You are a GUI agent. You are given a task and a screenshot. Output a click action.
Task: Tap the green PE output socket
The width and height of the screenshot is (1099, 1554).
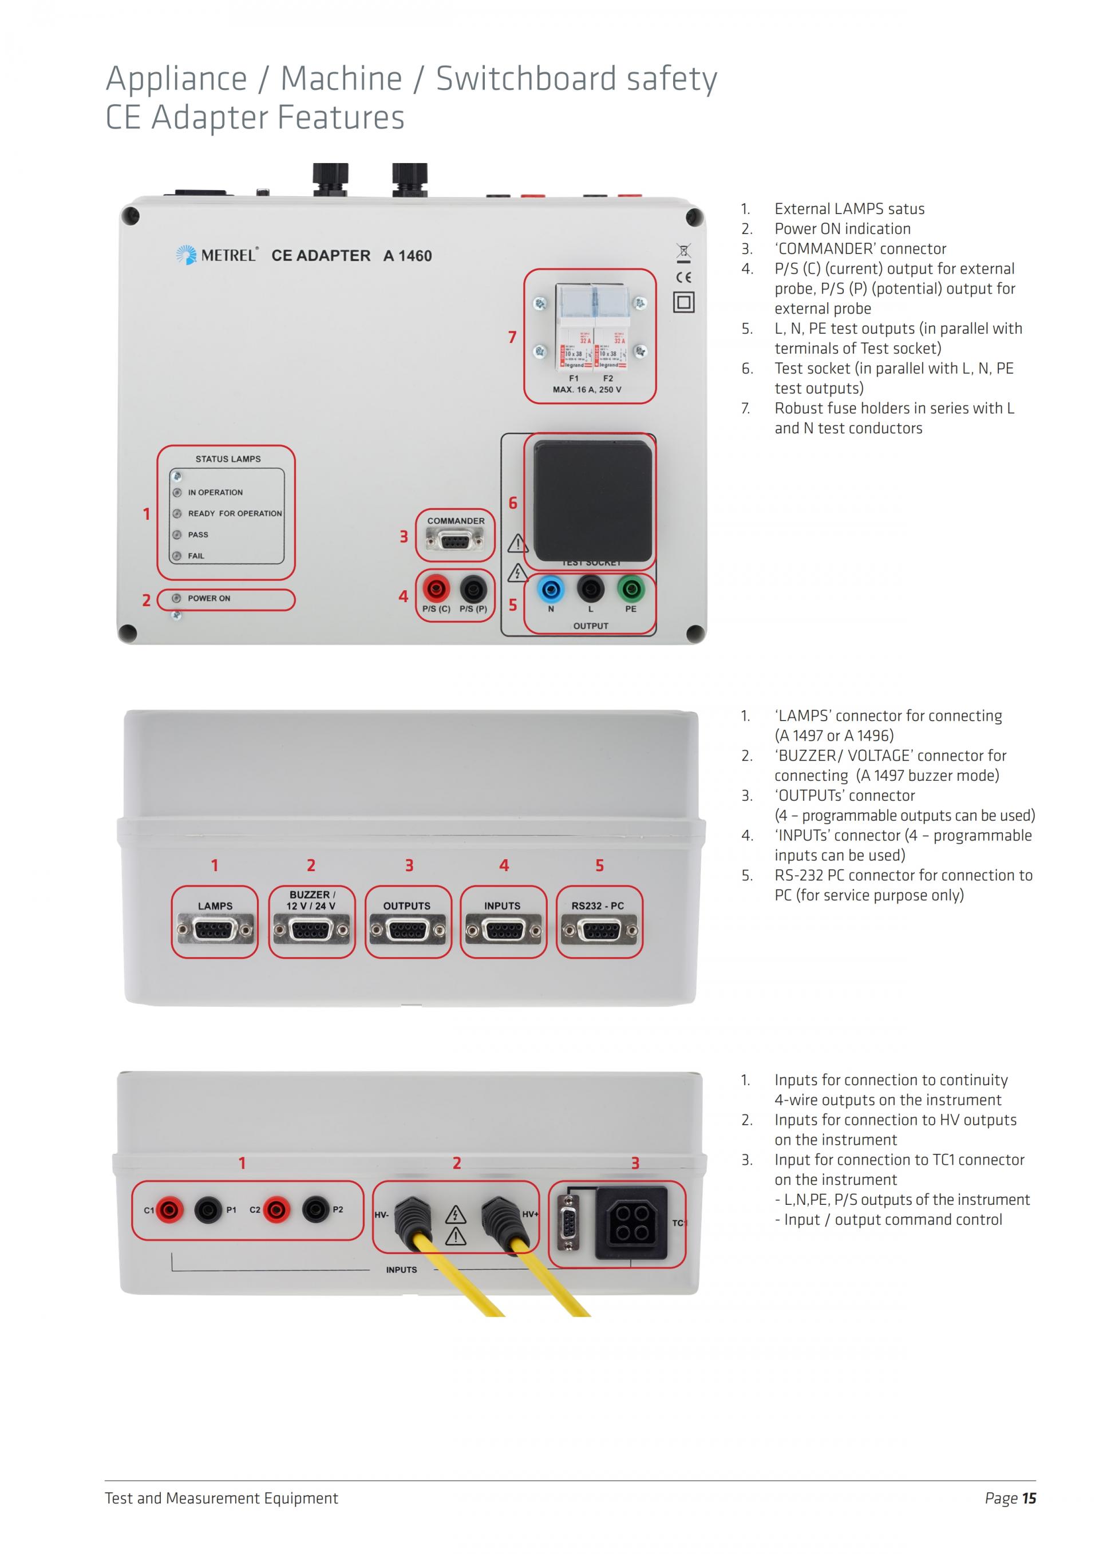pos(631,589)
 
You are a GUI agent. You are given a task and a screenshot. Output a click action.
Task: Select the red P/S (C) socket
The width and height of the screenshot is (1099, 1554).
pos(436,589)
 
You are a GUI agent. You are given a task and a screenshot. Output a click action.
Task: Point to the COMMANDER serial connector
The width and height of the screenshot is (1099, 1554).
pos(454,541)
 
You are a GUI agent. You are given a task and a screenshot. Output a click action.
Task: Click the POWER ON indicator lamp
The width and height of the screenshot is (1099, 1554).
pos(177,598)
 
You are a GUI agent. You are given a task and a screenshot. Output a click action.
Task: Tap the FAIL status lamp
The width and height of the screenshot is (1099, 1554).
pos(177,556)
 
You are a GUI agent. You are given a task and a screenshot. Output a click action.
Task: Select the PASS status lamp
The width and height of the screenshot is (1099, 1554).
pos(177,535)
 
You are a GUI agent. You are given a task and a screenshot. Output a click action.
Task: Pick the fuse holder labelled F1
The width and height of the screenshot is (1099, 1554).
pos(574,329)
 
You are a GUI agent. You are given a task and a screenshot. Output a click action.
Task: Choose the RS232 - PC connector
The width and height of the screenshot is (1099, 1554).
pos(598,931)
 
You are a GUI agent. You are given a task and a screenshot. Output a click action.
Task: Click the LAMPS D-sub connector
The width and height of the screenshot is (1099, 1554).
pos(215,931)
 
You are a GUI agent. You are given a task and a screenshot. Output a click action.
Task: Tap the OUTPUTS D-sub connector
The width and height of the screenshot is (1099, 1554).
pos(408,931)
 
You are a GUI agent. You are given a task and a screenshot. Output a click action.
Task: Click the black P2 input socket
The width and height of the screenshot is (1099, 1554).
pos(315,1209)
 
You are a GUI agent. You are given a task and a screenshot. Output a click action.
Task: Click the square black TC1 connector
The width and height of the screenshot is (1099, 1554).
pos(631,1223)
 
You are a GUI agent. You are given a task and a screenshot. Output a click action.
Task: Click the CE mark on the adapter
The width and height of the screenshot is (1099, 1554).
pos(683,277)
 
